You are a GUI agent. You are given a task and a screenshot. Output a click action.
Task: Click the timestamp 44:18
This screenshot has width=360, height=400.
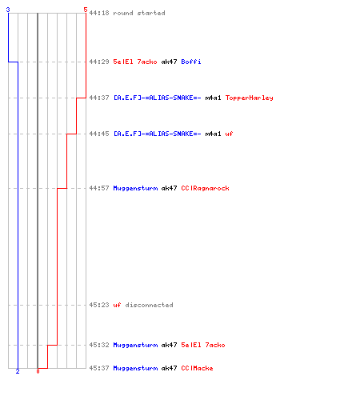pos(99,13)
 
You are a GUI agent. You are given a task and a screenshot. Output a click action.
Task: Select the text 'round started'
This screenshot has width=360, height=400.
pos(139,13)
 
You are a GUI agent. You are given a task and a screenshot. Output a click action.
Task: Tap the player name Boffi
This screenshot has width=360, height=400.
pos(191,62)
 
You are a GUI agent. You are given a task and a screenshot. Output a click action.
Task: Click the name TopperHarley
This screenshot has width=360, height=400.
pos(250,98)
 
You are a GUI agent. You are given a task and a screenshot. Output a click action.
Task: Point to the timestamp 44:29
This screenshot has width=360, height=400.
pos(99,62)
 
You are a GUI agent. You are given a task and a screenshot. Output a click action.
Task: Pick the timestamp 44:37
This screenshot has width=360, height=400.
pos(99,98)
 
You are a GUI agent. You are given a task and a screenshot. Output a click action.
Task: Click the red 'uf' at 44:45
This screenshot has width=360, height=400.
pos(229,134)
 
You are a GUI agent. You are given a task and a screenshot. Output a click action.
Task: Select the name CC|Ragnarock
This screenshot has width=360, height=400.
pos(205,188)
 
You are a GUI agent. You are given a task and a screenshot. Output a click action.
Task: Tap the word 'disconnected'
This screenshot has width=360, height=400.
pos(149,305)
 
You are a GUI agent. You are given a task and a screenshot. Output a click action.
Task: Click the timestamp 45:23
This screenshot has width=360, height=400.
pos(99,305)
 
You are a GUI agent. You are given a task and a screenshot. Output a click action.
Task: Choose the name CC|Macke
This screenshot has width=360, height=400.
pos(197,368)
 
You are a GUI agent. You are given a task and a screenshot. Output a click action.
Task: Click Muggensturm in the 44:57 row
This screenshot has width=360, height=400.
pos(135,188)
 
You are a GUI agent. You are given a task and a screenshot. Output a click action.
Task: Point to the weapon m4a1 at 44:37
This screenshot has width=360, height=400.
pos(213,98)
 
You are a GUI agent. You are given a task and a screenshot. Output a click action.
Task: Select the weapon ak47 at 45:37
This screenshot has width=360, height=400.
pos(169,368)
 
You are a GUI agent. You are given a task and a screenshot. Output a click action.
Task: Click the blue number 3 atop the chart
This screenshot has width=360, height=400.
pos(8,10)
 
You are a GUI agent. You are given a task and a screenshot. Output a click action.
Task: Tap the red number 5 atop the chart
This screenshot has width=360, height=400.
pos(86,10)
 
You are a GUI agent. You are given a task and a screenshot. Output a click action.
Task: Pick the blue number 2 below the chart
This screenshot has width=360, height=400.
pos(18,371)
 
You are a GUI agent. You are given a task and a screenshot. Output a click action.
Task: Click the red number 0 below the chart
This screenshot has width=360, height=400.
pos(38,371)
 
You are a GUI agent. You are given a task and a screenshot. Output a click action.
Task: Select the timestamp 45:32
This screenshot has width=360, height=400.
pos(99,345)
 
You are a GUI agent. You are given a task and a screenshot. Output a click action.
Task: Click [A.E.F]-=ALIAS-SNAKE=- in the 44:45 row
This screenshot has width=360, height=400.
pos(158,134)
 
